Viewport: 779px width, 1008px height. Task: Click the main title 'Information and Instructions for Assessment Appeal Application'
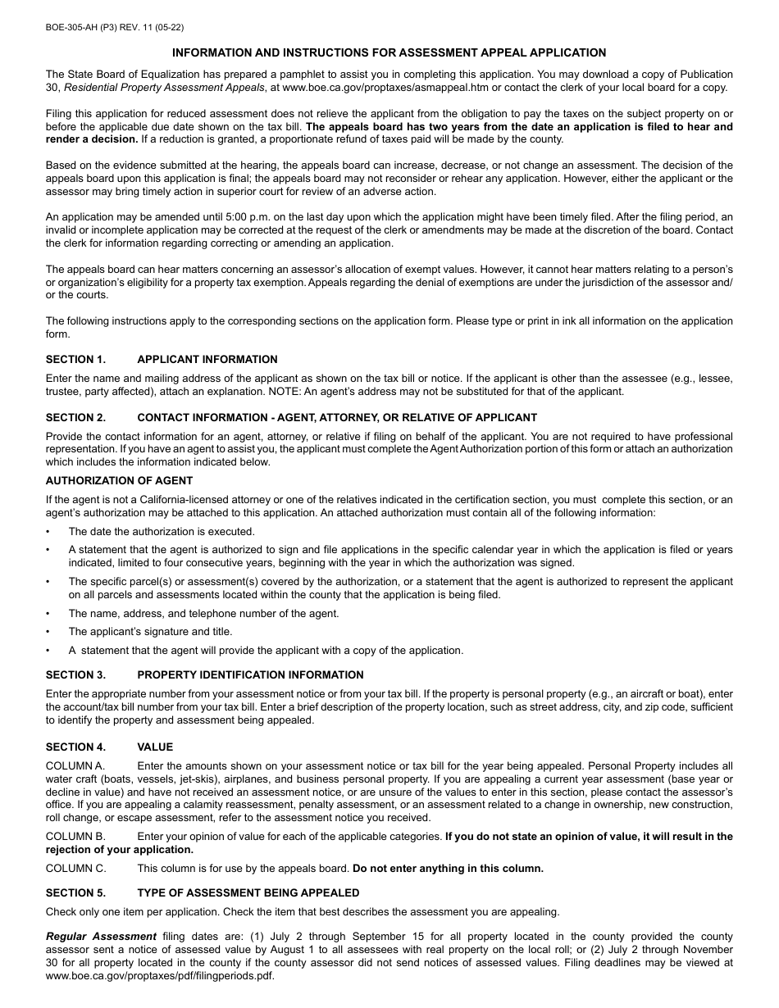[389, 52]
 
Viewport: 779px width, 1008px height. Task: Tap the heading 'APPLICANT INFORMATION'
[207, 359]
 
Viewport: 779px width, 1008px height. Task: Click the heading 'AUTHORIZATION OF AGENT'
[120, 481]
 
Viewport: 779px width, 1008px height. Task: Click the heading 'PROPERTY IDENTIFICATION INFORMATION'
[250, 675]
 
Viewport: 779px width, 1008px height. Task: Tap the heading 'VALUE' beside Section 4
[155, 747]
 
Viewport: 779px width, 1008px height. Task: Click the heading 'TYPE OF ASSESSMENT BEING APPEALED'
[248, 892]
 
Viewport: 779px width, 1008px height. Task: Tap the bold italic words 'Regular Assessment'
[101, 936]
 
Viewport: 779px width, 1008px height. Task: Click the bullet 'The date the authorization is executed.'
[162, 531]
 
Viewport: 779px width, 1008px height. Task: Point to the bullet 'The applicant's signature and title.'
[150, 632]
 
